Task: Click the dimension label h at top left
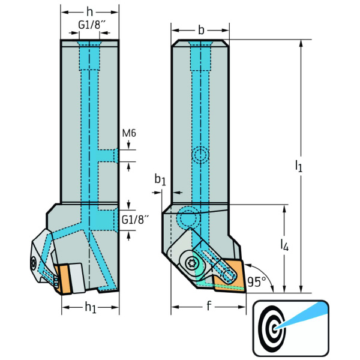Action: click(x=89, y=12)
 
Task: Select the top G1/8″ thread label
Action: click(x=92, y=26)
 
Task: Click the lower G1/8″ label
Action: click(x=134, y=220)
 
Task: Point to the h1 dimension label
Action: click(x=90, y=307)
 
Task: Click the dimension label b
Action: click(x=200, y=30)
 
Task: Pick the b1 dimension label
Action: click(x=159, y=179)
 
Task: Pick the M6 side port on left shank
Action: click(x=108, y=155)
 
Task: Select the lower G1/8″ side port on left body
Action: click(x=106, y=220)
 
